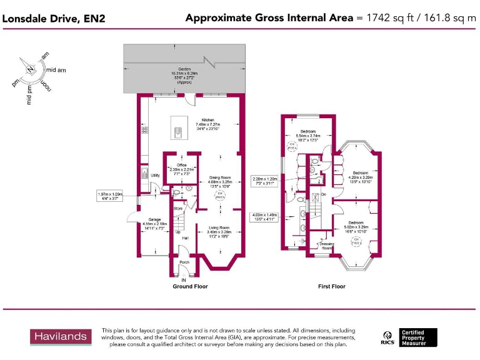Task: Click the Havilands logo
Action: (60, 337)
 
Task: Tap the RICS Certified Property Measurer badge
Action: (409, 337)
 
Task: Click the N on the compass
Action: (29, 68)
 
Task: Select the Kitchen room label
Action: (207, 120)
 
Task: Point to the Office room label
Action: (182, 165)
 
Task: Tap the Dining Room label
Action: (219, 177)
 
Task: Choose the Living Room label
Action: (219, 227)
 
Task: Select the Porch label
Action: (184, 262)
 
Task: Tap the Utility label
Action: (156, 176)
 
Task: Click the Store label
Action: (177, 208)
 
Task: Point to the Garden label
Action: (184, 69)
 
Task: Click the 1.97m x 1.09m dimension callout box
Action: (111, 196)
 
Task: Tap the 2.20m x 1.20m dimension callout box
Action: (264, 181)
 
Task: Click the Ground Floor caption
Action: (190, 286)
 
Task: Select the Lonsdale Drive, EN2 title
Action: (54, 18)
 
